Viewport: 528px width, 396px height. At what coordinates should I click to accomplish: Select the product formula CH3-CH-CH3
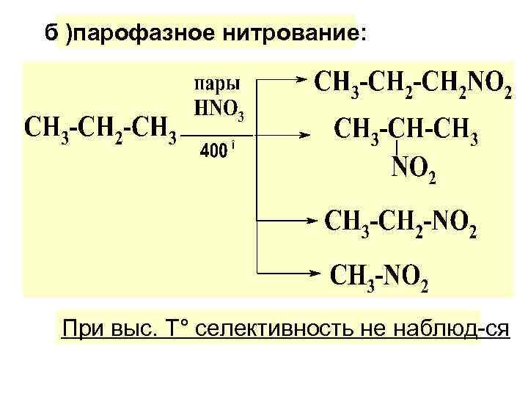[406, 132]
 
